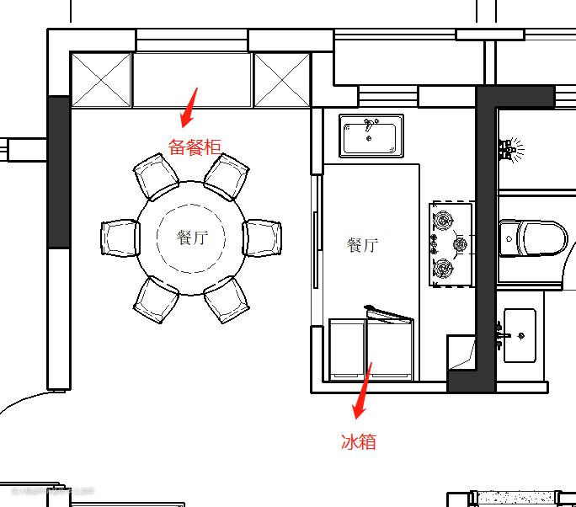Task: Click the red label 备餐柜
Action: pos(195,147)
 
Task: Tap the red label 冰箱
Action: pos(359,441)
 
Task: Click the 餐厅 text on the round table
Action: pos(192,237)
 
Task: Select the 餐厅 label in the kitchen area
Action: pos(362,245)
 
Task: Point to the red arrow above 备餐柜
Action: pos(189,108)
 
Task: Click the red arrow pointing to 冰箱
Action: pos(362,391)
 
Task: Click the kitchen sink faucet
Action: pos(371,124)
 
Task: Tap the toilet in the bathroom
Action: pos(533,238)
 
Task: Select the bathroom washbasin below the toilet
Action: pos(520,335)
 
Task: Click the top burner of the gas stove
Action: pos(443,220)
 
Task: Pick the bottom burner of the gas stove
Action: pos(443,268)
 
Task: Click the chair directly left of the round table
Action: pos(120,237)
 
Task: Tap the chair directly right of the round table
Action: pos(262,237)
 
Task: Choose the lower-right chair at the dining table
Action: pos(227,300)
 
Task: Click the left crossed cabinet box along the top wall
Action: pos(101,80)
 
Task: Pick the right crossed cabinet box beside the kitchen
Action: pos(282,80)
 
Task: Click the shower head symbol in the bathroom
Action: pos(511,149)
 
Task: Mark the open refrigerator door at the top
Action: pos(389,314)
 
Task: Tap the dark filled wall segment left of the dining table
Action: pos(59,172)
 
